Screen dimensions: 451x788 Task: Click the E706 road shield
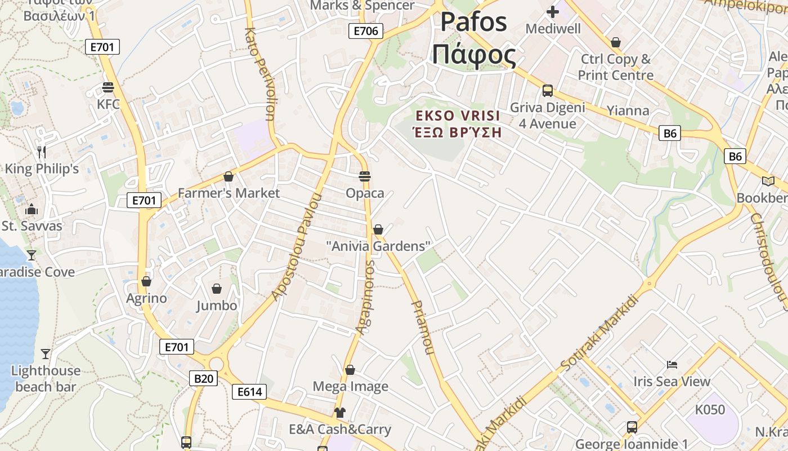pos(365,31)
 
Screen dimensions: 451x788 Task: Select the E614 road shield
pos(249,392)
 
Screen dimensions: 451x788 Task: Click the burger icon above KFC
pos(108,87)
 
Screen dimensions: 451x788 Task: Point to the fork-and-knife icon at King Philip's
pos(41,152)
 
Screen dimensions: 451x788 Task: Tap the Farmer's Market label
pos(229,193)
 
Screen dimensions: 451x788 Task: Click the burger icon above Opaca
pos(365,176)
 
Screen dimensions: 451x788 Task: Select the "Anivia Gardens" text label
pos(378,246)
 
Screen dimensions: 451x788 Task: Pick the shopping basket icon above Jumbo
pos(217,289)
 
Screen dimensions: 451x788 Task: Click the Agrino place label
pos(146,298)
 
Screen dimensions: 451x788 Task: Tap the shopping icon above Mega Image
pos(350,370)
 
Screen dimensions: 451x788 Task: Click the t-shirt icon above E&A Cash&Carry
pos(339,413)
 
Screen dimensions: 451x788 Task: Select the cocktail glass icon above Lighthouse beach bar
pos(46,354)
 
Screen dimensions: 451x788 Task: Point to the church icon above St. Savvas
pos(32,210)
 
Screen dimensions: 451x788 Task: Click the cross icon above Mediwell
pos(553,11)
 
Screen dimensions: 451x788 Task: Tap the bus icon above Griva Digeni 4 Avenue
pos(547,91)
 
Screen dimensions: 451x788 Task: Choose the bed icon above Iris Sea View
pos(671,365)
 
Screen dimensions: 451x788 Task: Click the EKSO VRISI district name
pos(457,116)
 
